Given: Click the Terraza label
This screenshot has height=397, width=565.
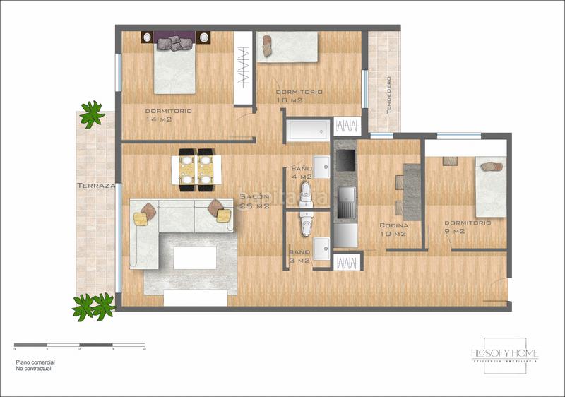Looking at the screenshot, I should [95, 186].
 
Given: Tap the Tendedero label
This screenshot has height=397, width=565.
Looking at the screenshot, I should [388, 95].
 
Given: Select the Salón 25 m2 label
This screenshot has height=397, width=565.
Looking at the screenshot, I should [254, 201].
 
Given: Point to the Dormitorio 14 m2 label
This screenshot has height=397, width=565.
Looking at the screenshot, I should [167, 115].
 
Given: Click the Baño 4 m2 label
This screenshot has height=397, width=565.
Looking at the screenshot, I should [302, 173].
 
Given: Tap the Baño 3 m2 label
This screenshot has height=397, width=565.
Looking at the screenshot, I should [299, 256].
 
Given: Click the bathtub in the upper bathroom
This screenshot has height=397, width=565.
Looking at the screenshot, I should [308, 130].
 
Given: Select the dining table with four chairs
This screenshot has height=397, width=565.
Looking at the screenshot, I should [196, 170].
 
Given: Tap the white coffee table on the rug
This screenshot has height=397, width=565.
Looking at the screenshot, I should [194, 258].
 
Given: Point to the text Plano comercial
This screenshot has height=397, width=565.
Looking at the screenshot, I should [35, 362].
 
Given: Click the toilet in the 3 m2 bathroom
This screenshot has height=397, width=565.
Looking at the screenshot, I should [306, 225].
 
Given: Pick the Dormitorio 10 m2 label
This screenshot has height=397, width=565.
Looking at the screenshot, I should [299, 95].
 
